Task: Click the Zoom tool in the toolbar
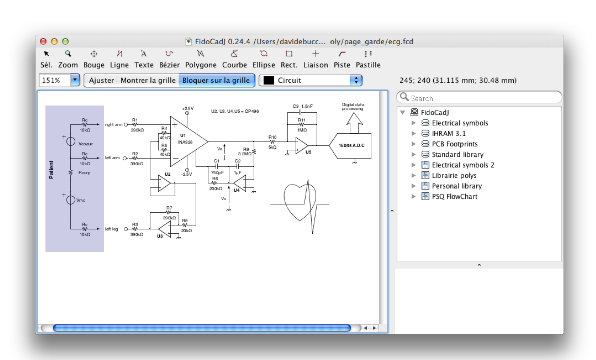68,58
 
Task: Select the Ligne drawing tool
118,58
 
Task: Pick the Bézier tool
170,58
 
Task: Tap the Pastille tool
368,58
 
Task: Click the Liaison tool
316,58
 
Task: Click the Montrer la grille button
148,79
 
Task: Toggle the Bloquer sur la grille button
216,79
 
